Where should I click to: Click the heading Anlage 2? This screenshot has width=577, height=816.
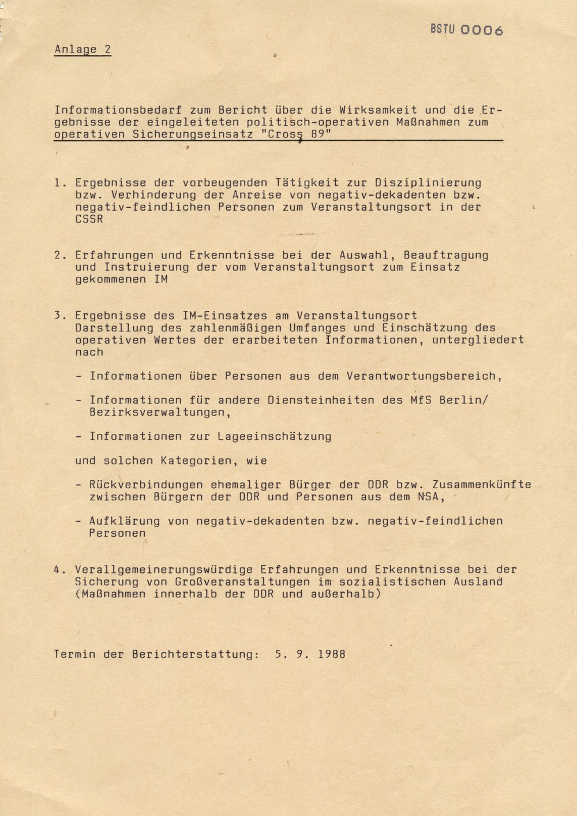(83, 50)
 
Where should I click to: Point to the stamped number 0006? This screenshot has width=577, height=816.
(482, 31)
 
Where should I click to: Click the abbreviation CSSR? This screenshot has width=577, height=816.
(89, 219)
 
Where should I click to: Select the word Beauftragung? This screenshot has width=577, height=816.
(445, 255)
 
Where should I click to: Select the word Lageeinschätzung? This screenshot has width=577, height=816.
(275, 437)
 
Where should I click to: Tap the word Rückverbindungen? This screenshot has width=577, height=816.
(146, 485)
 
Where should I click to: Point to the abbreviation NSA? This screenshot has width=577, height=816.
(428, 497)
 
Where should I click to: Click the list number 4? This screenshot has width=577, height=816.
(58, 570)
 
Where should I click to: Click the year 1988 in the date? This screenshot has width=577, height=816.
(332, 654)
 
